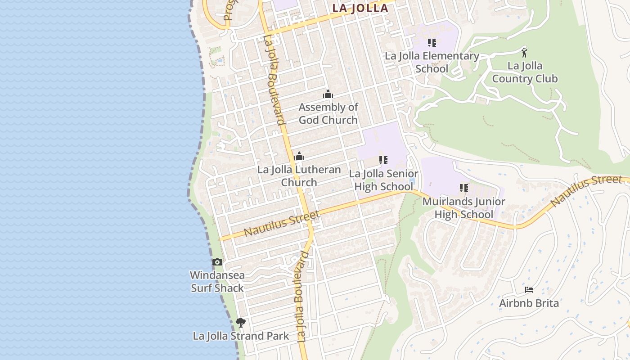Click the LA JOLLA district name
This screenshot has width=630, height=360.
(x=360, y=8)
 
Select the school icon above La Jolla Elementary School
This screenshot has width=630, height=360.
(x=432, y=43)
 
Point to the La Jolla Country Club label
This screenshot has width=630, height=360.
(x=525, y=72)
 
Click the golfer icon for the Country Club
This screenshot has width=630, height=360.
(x=524, y=52)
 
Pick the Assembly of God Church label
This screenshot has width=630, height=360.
(x=328, y=113)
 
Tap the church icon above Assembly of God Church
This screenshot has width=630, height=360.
(x=328, y=94)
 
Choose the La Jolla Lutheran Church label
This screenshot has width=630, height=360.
(x=299, y=176)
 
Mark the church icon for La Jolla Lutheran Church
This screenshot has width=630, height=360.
(x=299, y=157)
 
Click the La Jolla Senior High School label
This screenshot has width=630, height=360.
(x=383, y=180)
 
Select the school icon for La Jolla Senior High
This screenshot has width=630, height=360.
(x=383, y=160)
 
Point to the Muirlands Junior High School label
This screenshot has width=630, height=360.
(x=463, y=207)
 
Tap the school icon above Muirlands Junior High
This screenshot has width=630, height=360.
(x=464, y=188)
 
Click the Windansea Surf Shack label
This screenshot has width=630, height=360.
(x=217, y=281)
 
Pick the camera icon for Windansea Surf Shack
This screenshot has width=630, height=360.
(x=217, y=262)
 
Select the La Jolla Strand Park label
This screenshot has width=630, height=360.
(x=241, y=336)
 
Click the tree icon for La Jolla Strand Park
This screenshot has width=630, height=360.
(x=241, y=322)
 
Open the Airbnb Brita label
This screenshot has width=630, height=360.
(x=529, y=303)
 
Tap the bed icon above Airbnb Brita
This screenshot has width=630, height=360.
(x=529, y=289)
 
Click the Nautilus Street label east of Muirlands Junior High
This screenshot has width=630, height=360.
(x=586, y=190)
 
